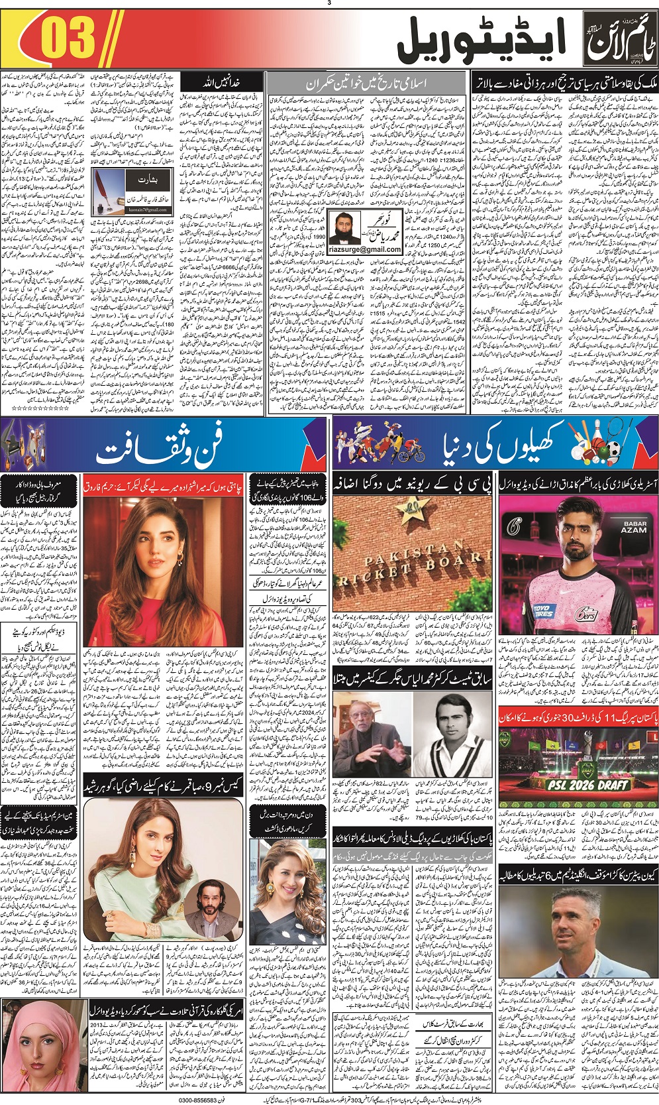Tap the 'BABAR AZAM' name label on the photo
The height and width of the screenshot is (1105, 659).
click(633, 527)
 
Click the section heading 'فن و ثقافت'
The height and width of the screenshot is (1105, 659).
click(159, 447)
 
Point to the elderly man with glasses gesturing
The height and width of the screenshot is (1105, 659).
click(372, 733)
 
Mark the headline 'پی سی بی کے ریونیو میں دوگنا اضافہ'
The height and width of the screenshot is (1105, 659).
click(413, 484)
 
